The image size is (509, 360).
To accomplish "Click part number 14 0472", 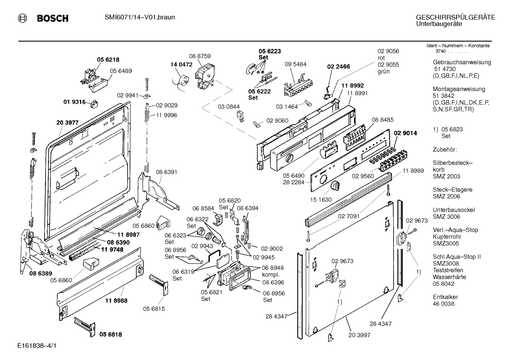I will [x=181, y=65].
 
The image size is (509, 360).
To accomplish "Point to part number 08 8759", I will [x=199, y=56].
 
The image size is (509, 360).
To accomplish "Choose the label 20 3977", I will [x=67, y=123].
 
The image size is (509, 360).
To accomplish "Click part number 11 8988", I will [x=116, y=301].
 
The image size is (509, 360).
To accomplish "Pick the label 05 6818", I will [x=110, y=334].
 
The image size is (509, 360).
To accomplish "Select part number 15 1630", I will [x=321, y=200].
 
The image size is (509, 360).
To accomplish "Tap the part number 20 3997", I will [x=359, y=335].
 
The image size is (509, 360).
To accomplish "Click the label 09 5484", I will [x=295, y=64].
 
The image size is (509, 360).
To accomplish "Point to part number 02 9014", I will [x=405, y=133].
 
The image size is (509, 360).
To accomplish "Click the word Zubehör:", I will [x=445, y=149].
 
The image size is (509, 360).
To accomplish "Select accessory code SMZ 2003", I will [x=447, y=176].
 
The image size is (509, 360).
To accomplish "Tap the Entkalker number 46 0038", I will [x=443, y=304].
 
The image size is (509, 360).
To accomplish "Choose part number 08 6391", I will [x=166, y=172].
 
